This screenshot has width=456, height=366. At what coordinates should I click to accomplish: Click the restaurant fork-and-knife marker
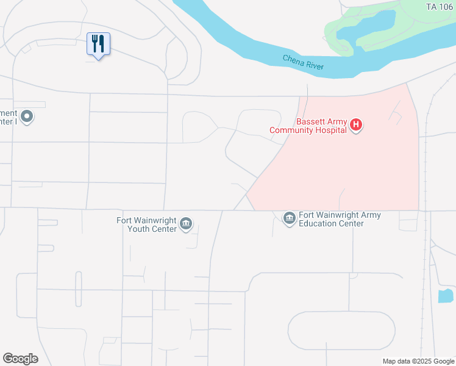click(x=98, y=44)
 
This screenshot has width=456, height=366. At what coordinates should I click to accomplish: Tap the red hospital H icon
click(x=357, y=126)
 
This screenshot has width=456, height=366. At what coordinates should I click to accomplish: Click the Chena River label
click(x=303, y=62)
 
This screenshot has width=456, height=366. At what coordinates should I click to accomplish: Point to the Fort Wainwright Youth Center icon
click(x=187, y=225)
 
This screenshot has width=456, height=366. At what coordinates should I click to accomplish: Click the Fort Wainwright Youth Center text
click(x=148, y=225)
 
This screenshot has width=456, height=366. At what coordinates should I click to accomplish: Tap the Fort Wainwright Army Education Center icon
click(x=290, y=217)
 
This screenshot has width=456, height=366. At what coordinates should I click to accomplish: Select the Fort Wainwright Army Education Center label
click(x=340, y=219)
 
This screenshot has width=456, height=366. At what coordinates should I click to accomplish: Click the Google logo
click(x=20, y=359)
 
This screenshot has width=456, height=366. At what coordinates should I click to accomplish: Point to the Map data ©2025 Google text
click(x=419, y=361)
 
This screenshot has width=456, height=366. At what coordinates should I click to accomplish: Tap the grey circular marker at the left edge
click(x=26, y=116)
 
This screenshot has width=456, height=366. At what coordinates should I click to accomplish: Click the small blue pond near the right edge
click(x=445, y=296)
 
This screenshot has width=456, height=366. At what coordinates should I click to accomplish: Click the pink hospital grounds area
click(x=354, y=171)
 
